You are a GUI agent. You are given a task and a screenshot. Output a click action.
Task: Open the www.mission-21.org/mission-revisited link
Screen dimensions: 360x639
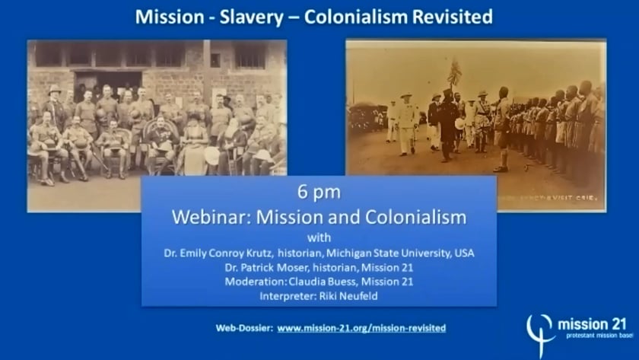(x=361, y=328)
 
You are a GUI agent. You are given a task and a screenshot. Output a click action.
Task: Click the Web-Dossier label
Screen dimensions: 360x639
(x=243, y=328)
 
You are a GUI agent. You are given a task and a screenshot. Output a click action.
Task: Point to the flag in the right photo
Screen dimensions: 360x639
(x=455, y=73)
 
